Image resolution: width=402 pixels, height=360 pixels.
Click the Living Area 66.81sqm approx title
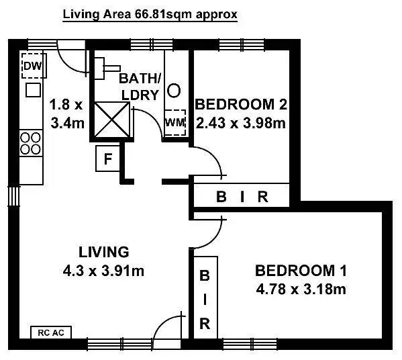150,13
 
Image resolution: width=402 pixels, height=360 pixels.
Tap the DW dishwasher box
32,66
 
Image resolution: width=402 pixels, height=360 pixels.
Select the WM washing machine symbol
174,122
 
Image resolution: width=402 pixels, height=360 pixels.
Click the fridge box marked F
107,159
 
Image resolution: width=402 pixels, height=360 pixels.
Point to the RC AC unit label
50,332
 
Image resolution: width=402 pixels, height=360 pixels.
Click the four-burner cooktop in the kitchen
30,142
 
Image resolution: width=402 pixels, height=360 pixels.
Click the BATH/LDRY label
140,86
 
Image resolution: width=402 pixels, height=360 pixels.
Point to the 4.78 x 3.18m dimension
300,289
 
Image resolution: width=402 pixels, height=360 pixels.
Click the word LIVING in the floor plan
103,253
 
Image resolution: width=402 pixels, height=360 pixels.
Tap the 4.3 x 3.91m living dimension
103,271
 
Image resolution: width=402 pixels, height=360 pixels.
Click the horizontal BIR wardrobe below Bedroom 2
242,197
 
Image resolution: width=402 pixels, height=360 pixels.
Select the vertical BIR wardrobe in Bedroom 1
205,300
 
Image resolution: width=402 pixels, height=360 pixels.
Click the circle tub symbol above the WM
174,90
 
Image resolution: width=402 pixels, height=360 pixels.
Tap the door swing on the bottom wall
164,330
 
